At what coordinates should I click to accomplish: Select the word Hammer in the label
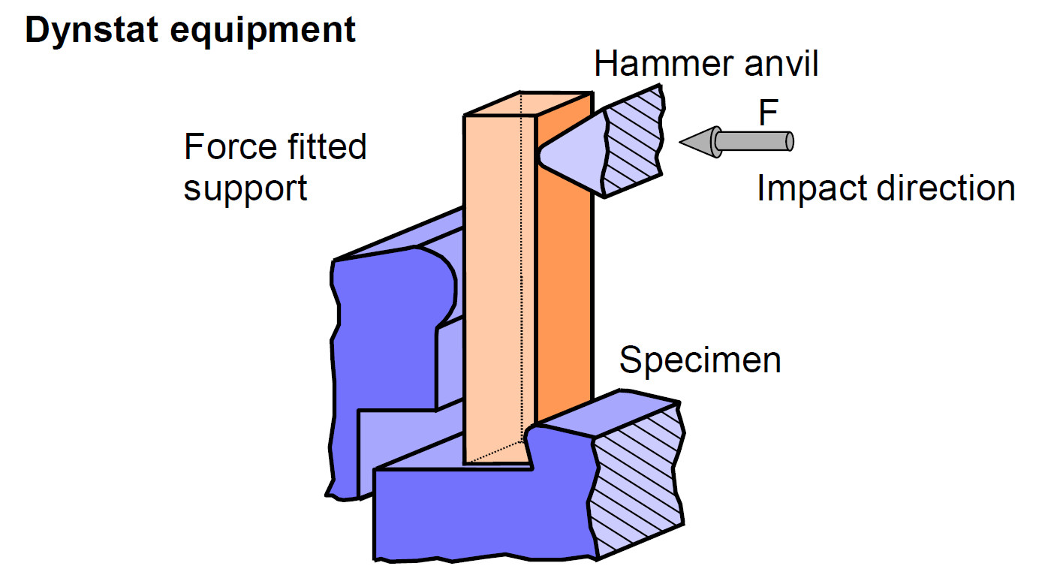pos(649,65)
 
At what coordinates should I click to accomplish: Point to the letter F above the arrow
pos(767,114)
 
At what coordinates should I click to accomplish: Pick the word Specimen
pos(700,360)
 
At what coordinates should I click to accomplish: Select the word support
pos(245,188)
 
